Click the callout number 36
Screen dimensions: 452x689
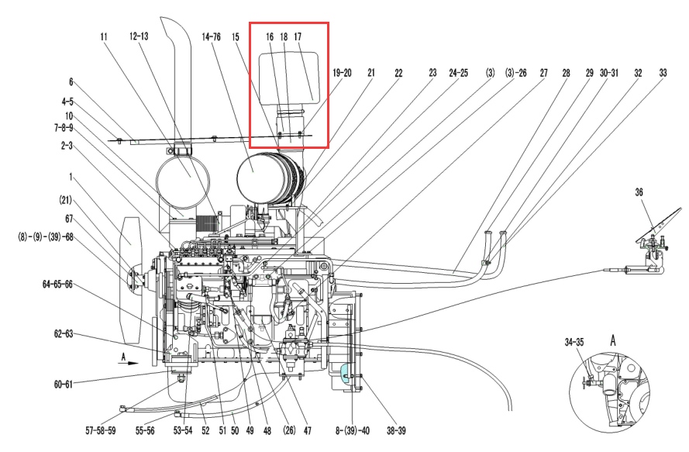[x=639, y=191]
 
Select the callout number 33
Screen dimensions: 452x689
[x=663, y=73]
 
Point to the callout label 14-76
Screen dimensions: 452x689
[x=211, y=36]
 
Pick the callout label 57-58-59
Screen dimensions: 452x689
[x=100, y=429]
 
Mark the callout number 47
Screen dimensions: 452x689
[x=307, y=429]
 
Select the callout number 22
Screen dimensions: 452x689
[x=398, y=73]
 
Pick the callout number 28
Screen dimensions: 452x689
[x=566, y=73]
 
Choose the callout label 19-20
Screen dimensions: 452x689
[x=342, y=73]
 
